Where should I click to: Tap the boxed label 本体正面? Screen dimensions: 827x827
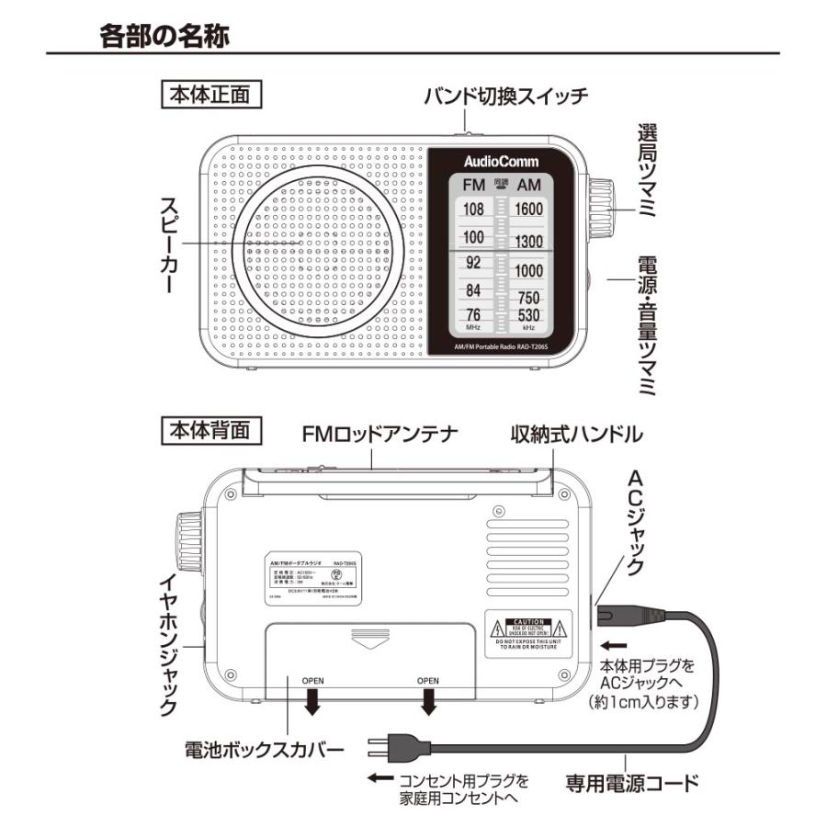point(211,94)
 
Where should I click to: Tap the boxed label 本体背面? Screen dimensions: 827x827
point(211,429)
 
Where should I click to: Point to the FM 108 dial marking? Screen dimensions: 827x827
point(472,210)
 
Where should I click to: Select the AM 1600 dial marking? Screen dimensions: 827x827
point(528,210)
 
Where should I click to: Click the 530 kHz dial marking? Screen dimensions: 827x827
point(528,315)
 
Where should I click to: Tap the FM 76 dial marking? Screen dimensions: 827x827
point(472,315)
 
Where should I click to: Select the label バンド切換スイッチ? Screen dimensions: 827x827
point(505,95)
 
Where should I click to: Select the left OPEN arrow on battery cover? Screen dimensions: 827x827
point(312,700)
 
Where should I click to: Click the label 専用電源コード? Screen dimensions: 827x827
point(631,784)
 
